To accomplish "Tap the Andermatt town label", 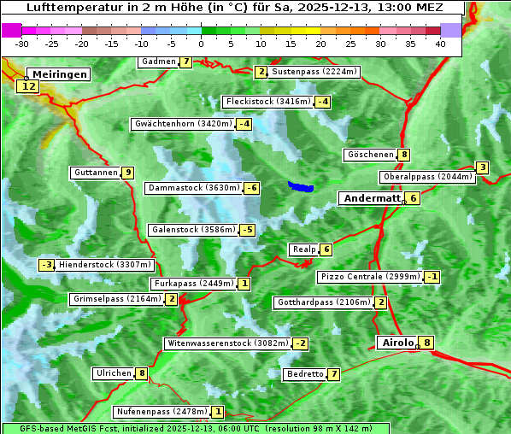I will [x=371, y=198].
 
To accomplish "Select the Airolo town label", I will [x=397, y=343].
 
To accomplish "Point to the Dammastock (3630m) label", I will [x=193, y=188].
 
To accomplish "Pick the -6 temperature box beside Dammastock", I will [x=251, y=188].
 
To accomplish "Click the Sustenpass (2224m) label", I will [x=308, y=72].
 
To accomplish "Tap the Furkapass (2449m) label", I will [x=193, y=284].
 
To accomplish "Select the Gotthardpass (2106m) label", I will [x=323, y=302].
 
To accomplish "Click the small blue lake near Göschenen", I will [x=300, y=186].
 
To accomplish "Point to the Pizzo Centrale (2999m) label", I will [x=370, y=277].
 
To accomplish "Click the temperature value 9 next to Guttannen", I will [x=128, y=173].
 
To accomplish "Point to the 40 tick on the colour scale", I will [x=440, y=44].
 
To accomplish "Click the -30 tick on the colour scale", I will [x=22, y=44].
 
